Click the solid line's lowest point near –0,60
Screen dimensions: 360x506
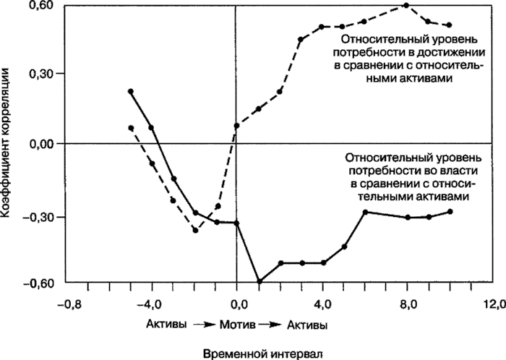click(259, 282)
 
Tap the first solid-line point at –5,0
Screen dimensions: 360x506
click(131, 92)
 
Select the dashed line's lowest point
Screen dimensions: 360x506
click(195, 231)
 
